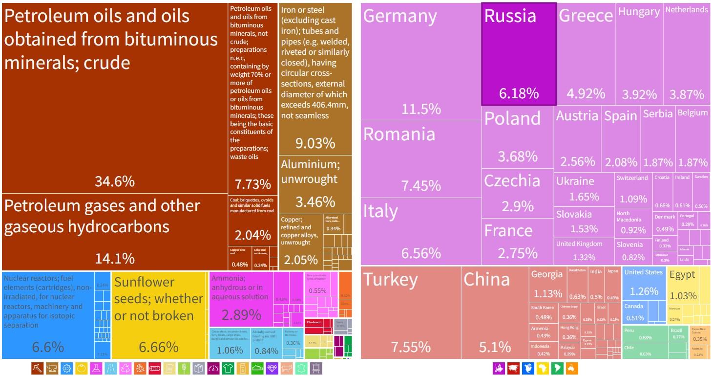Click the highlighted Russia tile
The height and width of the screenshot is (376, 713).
pyautogui.click(x=519, y=54)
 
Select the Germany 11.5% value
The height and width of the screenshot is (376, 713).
pyautogui.click(x=421, y=109)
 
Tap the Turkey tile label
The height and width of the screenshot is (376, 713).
pyautogui.click(x=391, y=279)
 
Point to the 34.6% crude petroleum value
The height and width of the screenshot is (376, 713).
pyautogui.click(x=115, y=181)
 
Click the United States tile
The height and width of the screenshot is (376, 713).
pyautogui.click(x=644, y=283)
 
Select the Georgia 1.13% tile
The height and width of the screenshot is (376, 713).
pyautogui.click(x=548, y=284)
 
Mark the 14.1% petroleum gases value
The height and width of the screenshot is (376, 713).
pyautogui.click(x=115, y=257)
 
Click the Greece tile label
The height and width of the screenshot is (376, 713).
pyautogui.click(x=586, y=16)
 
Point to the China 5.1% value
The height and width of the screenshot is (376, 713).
pyautogui.click(x=495, y=347)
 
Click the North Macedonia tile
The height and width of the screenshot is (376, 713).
pyautogui.click(x=632, y=222)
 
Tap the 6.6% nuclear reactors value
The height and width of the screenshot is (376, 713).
pyautogui.click(x=48, y=347)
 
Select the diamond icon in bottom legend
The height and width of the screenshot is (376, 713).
pyautogui.click(x=272, y=368)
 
